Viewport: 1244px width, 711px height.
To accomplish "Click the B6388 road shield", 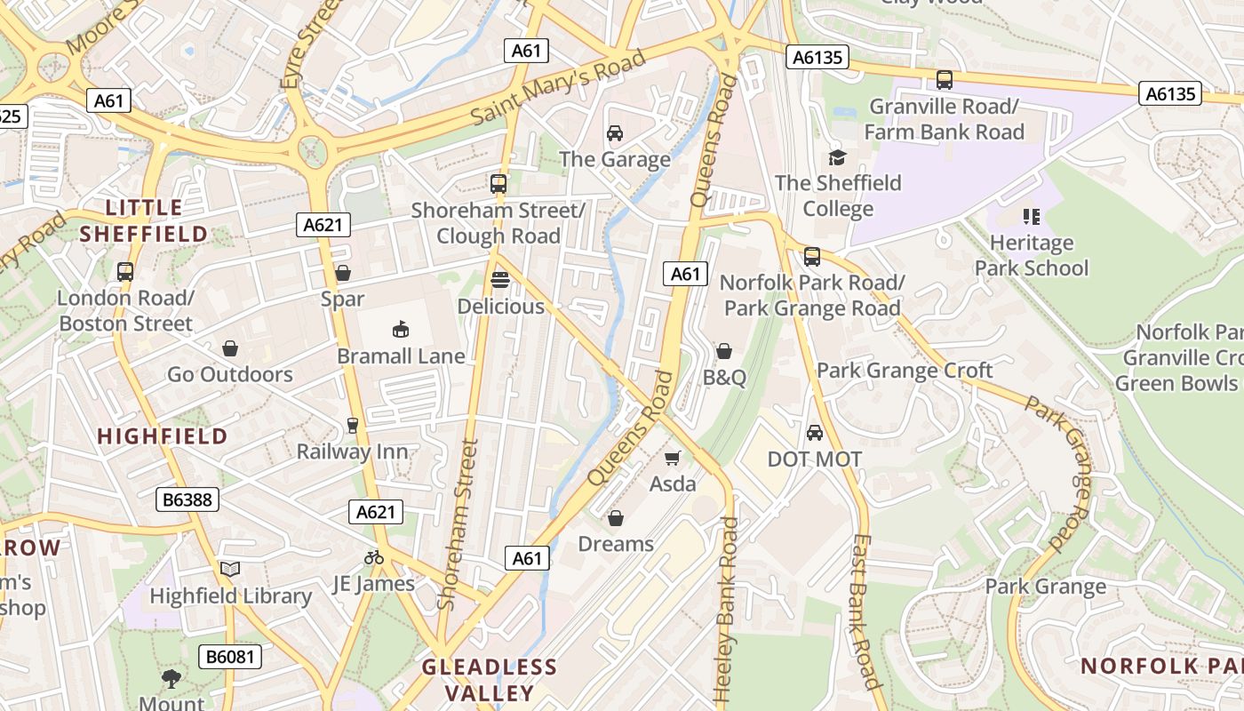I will click(x=188, y=499).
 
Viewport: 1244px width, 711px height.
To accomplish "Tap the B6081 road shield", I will click(x=230, y=657).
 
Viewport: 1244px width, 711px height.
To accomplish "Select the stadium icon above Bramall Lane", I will click(x=401, y=330).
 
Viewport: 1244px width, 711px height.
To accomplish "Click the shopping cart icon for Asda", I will click(x=673, y=458).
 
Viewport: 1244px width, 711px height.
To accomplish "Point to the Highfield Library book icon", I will click(x=230, y=569).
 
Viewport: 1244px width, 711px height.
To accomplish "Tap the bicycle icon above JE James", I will click(x=374, y=557).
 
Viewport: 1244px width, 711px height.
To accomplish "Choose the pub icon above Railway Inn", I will click(x=353, y=425).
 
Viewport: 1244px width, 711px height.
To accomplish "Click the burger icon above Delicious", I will click(x=500, y=280).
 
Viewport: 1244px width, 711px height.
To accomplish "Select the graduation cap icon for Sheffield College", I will click(x=837, y=157).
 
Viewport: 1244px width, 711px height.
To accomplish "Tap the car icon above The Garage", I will click(x=614, y=133).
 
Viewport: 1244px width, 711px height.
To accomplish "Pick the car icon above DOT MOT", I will click(x=814, y=433).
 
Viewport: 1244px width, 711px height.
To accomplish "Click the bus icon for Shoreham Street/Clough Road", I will click(x=498, y=184).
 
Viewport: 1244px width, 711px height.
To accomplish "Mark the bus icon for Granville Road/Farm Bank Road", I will click(x=945, y=80).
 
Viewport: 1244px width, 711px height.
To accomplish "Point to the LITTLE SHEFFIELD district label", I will click(x=144, y=221).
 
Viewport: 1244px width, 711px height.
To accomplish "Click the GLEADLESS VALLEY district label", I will click(x=490, y=680).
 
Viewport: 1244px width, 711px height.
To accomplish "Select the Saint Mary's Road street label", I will click(x=557, y=88).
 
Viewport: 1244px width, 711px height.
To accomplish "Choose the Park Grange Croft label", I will click(x=905, y=371).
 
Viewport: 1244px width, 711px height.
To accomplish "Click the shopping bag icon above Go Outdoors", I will click(x=230, y=348).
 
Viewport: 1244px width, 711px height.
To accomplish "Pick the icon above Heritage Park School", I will click(x=1031, y=216).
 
